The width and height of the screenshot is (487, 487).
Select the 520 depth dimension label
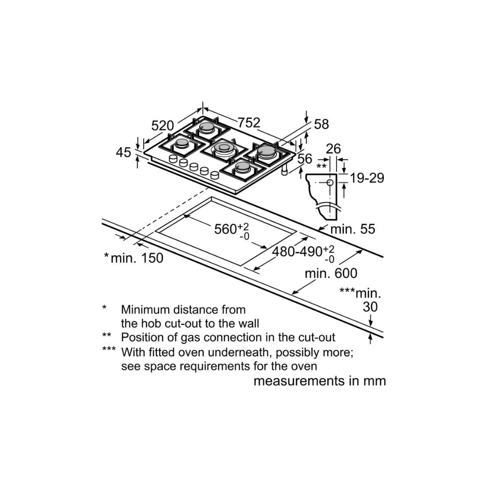point(162,125)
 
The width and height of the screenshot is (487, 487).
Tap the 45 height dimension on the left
point(124,152)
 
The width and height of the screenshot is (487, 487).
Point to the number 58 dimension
point(321,124)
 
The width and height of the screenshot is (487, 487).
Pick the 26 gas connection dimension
point(333,149)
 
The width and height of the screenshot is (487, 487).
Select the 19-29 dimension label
point(367,178)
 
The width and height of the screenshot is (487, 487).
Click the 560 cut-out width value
point(225,229)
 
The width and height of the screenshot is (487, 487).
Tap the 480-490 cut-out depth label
point(297,252)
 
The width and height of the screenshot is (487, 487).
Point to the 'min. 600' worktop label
point(331,273)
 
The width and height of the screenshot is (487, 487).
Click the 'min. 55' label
point(353,229)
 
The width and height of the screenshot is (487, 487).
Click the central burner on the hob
point(224,149)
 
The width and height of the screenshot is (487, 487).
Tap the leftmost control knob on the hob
point(173,159)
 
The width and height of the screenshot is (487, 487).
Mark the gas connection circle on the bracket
point(330,183)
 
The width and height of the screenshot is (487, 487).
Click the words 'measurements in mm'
point(319,381)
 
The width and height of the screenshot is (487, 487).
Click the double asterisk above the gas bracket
point(321,167)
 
